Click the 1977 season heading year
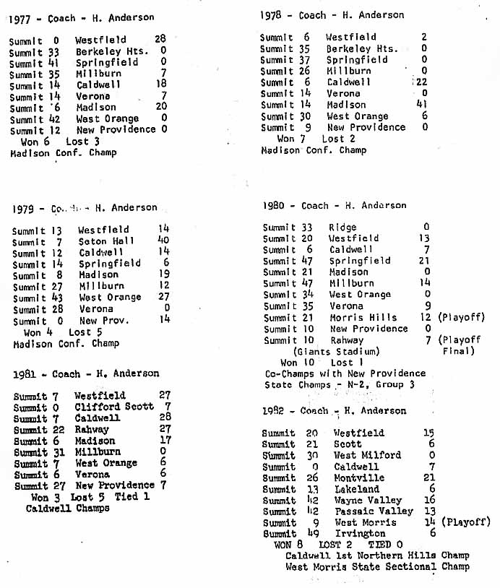(20, 20)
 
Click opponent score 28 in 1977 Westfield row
(160, 40)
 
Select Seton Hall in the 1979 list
(103, 241)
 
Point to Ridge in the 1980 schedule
(342, 227)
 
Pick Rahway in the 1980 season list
(347, 340)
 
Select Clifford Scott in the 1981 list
(105, 407)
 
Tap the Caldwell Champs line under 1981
(68, 508)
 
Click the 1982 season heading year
(273, 410)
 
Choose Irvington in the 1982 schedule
(360, 533)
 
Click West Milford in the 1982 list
(367, 455)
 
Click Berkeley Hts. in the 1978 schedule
(362, 48)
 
